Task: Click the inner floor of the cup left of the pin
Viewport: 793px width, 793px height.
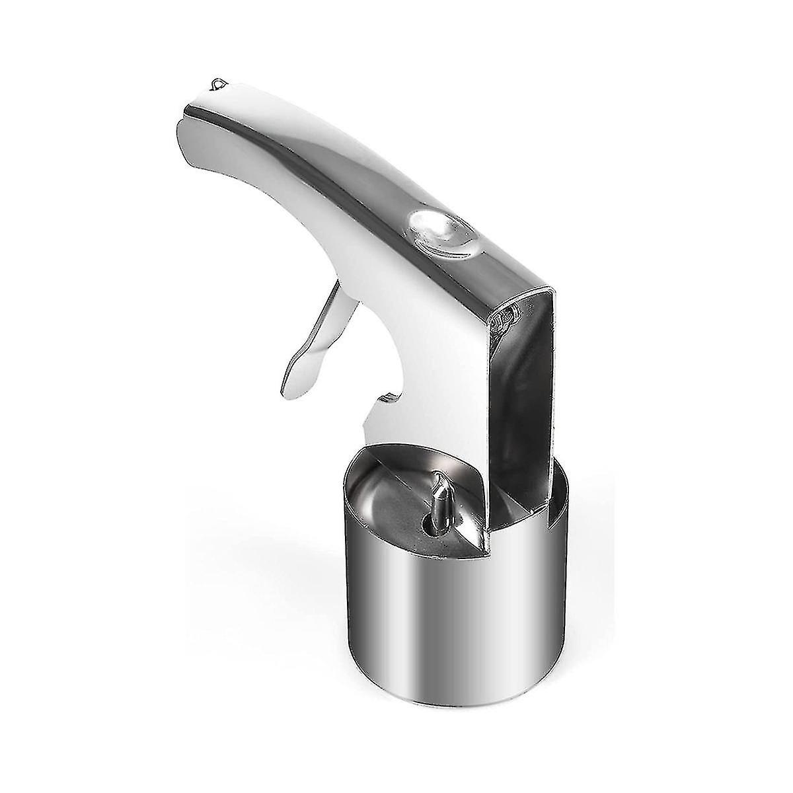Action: point(390,502)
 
